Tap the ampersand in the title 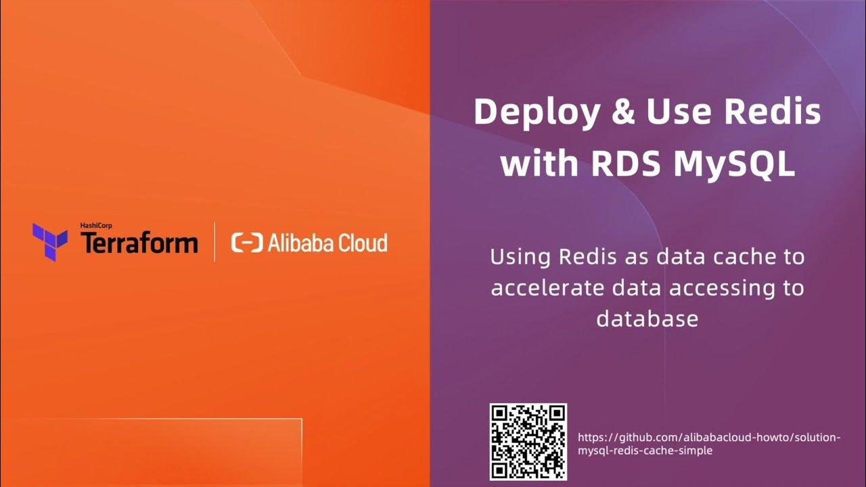[x=620, y=112]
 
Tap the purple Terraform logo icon [x=50, y=241]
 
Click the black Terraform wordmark [x=139, y=243]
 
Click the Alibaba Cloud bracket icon [x=246, y=243]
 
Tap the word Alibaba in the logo [x=299, y=242]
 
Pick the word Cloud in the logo [x=363, y=242]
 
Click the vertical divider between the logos [x=214, y=241]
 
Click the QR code [x=528, y=442]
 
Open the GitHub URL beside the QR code [x=709, y=444]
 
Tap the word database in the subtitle [x=647, y=319]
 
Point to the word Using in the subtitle [x=520, y=258]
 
